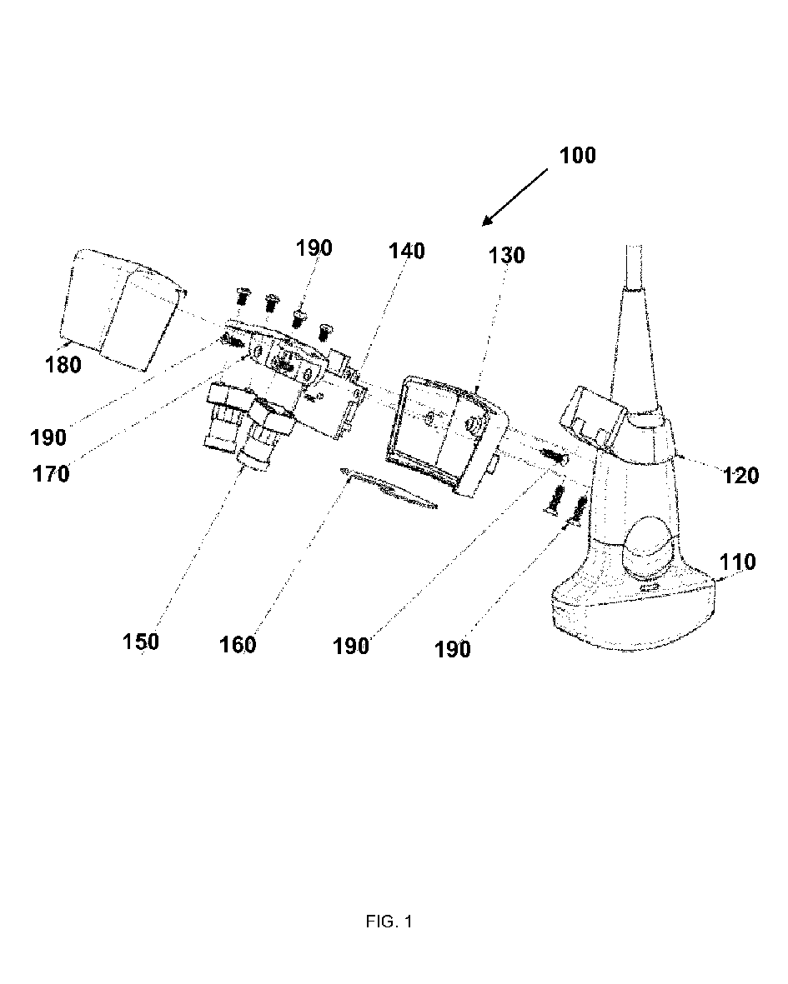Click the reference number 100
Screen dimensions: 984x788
[579, 155]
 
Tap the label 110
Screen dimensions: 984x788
[738, 562]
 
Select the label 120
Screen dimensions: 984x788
[741, 476]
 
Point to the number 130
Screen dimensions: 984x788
[507, 256]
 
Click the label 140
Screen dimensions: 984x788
[406, 250]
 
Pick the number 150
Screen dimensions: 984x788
[140, 642]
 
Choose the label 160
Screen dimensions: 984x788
[238, 644]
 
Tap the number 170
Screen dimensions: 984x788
[52, 474]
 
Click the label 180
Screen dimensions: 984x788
[64, 364]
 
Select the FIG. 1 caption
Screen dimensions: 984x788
[389, 922]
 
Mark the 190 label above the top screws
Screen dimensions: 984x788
[313, 248]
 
